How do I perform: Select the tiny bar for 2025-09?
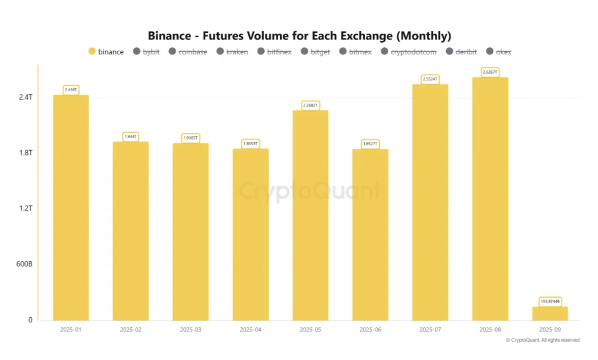pos(550,313)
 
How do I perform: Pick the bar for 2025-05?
pos(310,215)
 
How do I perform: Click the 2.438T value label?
pos(70,90)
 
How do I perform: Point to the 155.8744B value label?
pos(550,301)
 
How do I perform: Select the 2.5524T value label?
pos(430,79)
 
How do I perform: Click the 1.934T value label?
pos(131,136)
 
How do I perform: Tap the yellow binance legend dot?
pos(92,51)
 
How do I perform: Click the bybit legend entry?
pos(146,52)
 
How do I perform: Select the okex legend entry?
pos(499,52)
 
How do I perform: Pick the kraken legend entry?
pos(232,52)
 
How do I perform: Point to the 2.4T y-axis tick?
pos(25,97)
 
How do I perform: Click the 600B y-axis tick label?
pos(24,264)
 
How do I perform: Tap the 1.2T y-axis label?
pos(25,209)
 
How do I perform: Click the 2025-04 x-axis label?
pos(250,329)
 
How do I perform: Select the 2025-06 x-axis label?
pos(370,329)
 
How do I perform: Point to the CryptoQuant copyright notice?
pos(543,340)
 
